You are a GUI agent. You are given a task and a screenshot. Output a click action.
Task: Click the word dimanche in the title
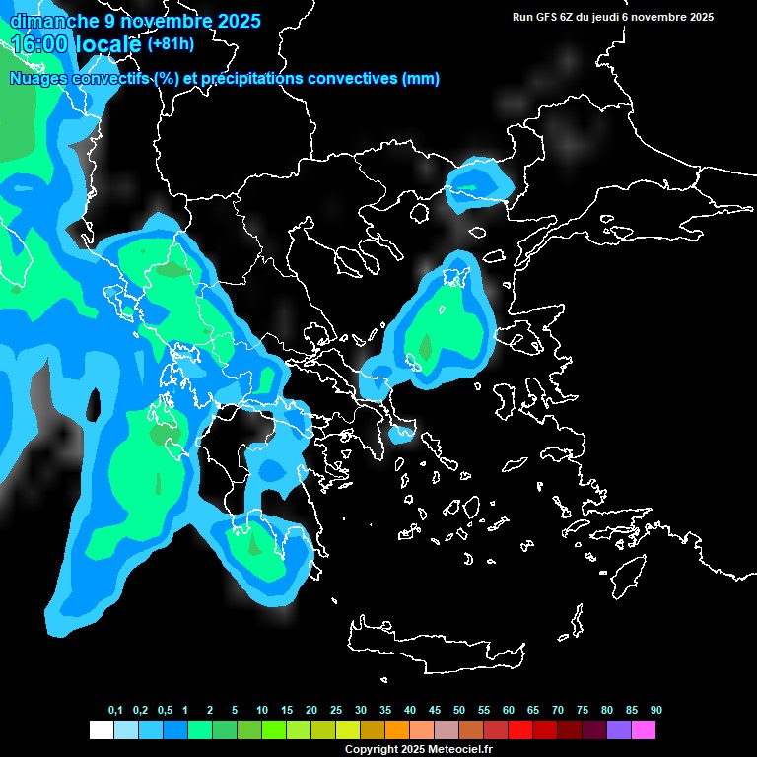(x=46, y=21)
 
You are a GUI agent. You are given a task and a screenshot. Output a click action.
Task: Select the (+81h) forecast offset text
(x=170, y=44)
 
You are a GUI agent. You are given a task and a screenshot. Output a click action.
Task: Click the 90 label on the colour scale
(x=655, y=711)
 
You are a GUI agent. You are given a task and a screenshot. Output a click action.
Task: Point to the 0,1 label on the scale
(x=115, y=711)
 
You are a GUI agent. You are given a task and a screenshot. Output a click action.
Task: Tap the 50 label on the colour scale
(x=459, y=711)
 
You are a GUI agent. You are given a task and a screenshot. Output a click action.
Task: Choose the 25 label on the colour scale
(x=336, y=711)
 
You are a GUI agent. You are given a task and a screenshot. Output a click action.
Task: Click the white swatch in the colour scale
(x=101, y=729)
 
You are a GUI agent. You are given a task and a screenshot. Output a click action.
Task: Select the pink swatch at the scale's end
(x=643, y=729)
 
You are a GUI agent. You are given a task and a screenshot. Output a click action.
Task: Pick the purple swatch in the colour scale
(x=618, y=729)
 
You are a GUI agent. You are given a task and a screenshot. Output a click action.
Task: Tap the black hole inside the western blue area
(x=95, y=404)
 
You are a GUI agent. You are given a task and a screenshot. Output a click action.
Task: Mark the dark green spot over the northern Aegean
(x=426, y=347)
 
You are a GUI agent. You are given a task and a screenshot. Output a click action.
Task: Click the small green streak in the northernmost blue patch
(x=467, y=186)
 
